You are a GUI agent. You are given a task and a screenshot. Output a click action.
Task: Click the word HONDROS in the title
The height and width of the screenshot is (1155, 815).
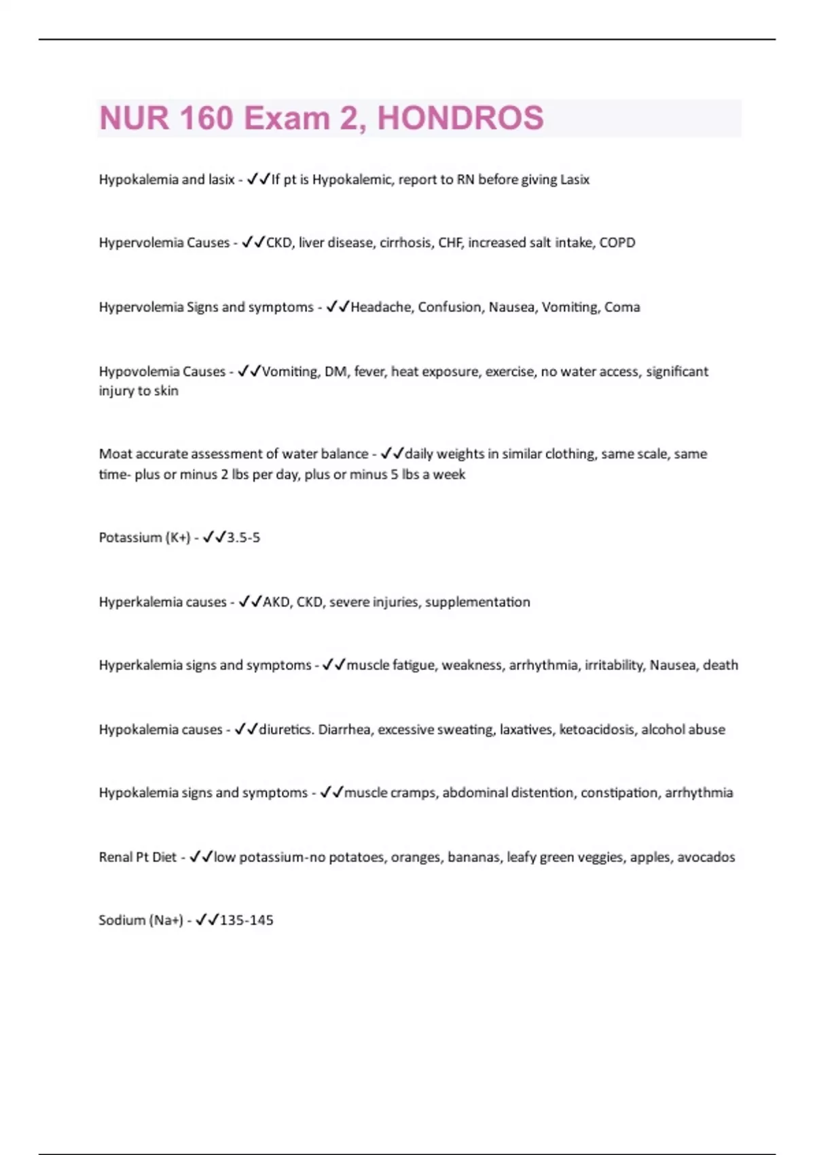(460, 118)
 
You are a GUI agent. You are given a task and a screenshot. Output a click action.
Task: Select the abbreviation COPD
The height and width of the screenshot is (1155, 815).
(617, 243)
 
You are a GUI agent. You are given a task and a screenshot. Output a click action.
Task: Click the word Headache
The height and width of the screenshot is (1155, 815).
(380, 307)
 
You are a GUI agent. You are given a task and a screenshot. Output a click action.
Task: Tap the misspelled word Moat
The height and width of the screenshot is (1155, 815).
(114, 454)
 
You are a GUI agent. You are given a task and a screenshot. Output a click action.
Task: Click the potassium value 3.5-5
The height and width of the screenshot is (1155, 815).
(243, 537)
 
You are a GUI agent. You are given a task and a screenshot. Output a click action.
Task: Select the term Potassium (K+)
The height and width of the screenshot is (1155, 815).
(145, 537)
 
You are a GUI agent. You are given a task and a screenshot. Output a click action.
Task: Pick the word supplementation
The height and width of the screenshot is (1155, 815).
(477, 602)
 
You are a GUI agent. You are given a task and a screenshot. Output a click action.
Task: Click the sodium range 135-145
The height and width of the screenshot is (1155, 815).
(247, 921)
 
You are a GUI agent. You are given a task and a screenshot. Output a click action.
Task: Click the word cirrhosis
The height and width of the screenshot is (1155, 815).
(404, 243)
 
